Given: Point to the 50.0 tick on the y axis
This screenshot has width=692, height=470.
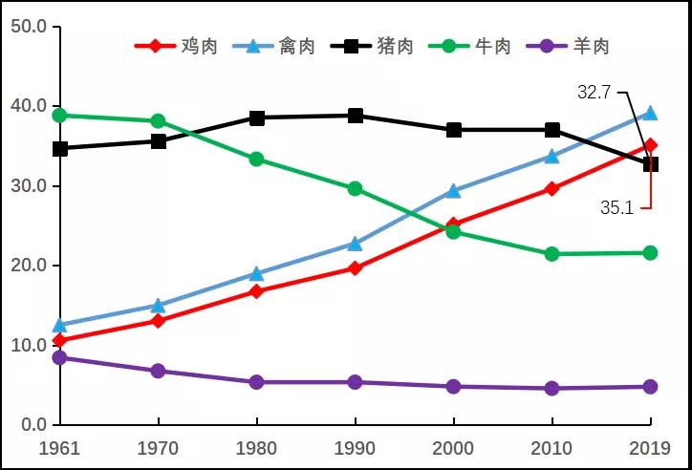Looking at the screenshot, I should [x=29, y=26].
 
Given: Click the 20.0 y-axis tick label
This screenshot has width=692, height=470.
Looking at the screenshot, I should [x=29, y=265].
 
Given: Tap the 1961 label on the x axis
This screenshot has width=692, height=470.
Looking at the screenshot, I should [x=59, y=447].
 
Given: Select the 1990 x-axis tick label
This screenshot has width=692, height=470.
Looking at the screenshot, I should [x=356, y=447].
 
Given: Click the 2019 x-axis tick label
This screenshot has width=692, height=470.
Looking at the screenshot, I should [x=650, y=447].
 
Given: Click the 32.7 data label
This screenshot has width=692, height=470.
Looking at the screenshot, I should [x=595, y=93].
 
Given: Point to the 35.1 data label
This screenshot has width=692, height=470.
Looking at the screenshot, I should [x=617, y=206].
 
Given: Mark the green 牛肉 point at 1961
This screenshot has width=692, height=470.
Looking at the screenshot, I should [x=59, y=116].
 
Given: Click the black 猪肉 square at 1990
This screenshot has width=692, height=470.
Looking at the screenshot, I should [x=356, y=116].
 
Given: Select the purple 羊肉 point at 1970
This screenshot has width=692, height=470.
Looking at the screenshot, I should [x=158, y=371].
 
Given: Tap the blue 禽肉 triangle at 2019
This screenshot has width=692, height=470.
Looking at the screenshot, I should [x=650, y=113].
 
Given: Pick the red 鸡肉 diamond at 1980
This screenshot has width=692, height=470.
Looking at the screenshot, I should [x=256, y=291].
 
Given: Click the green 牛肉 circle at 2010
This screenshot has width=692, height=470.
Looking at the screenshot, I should [x=551, y=254].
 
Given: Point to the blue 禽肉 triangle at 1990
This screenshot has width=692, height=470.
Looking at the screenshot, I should [x=356, y=244].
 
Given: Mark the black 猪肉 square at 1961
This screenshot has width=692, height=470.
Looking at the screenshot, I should [x=59, y=149].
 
